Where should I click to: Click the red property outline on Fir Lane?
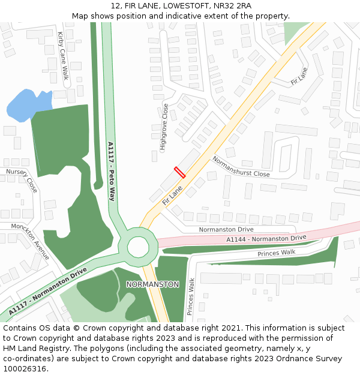[x=179, y=172]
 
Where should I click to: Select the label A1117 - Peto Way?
[x=111, y=171]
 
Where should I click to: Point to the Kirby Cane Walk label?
[x=63, y=56]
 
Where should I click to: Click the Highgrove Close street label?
[x=164, y=126]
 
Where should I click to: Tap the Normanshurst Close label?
[x=241, y=166]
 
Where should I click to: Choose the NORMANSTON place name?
[x=152, y=284]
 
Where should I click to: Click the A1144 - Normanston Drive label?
[x=266, y=239]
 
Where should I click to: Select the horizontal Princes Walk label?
[x=277, y=253]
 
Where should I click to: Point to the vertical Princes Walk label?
[x=190, y=296]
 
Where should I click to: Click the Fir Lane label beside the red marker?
[x=172, y=195]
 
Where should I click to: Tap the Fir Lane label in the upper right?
[x=299, y=76]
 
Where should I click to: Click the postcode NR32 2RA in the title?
[x=232, y=6]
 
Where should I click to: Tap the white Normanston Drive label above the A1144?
[x=227, y=229]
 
